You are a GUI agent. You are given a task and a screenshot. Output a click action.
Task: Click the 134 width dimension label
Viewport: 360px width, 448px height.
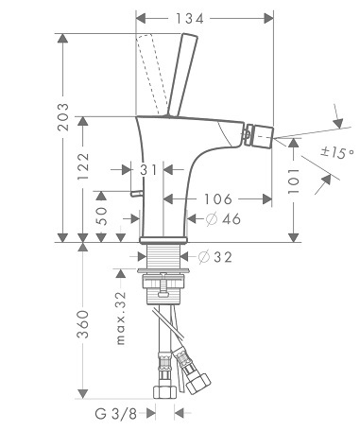190,19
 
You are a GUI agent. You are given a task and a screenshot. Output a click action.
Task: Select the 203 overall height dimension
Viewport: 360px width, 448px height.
63,116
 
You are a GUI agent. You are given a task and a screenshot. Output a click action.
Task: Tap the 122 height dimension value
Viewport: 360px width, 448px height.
83,166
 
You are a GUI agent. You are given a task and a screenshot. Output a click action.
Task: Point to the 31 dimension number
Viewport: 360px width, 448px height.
148,170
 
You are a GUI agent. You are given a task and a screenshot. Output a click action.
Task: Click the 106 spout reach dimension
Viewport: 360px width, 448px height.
218,199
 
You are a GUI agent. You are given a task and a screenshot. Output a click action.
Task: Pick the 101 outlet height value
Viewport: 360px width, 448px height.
294,181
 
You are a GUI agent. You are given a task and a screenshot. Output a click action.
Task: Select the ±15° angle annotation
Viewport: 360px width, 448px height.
337,153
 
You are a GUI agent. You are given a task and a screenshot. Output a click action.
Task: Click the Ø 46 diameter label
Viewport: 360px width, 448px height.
224,218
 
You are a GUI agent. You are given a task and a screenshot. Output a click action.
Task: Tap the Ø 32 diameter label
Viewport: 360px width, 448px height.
215,257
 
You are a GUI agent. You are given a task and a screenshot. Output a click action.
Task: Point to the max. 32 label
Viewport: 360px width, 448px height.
121,319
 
